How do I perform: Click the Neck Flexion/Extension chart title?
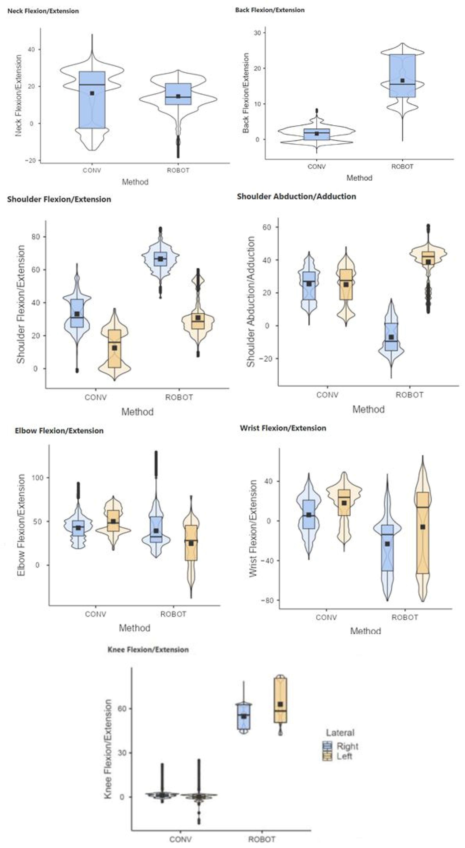[43, 11]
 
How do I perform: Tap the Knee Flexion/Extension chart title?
[148, 649]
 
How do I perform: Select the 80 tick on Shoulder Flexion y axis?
[36, 237]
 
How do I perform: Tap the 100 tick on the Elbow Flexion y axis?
[37, 478]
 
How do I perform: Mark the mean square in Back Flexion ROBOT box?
[402, 81]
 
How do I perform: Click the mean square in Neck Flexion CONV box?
[92, 93]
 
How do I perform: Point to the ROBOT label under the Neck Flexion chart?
[178, 170]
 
